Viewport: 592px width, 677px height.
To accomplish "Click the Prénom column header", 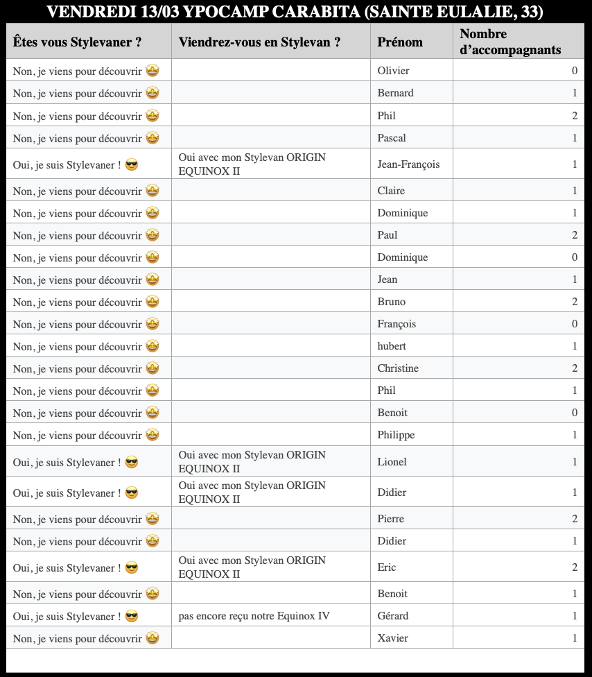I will pos(400,42).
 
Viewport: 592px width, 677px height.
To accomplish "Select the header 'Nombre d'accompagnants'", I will pos(510,42).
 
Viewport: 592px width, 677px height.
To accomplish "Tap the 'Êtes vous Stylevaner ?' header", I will pos(78,42).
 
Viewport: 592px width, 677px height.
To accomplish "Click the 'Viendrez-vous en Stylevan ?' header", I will pos(259,42).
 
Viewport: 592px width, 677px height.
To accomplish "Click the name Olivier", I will pos(393,71).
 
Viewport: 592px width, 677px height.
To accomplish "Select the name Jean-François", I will pos(408,164).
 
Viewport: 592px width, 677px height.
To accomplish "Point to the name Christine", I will pos(398,368).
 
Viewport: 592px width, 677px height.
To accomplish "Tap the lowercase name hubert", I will pos(392,346).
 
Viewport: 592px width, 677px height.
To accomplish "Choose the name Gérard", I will pos(393,616).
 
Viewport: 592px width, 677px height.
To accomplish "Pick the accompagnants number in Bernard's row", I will pos(574,93).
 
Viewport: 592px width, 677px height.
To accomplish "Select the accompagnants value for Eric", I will pos(574,567).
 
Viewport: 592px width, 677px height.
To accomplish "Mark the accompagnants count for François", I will pos(574,324).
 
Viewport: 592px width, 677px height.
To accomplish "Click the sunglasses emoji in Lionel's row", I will pos(131,462).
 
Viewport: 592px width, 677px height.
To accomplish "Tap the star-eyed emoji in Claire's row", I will pos(153,191).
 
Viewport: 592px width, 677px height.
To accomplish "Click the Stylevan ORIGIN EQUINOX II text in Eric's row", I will pos(251,567).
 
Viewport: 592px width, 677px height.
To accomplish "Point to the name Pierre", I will pos(390,519).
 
